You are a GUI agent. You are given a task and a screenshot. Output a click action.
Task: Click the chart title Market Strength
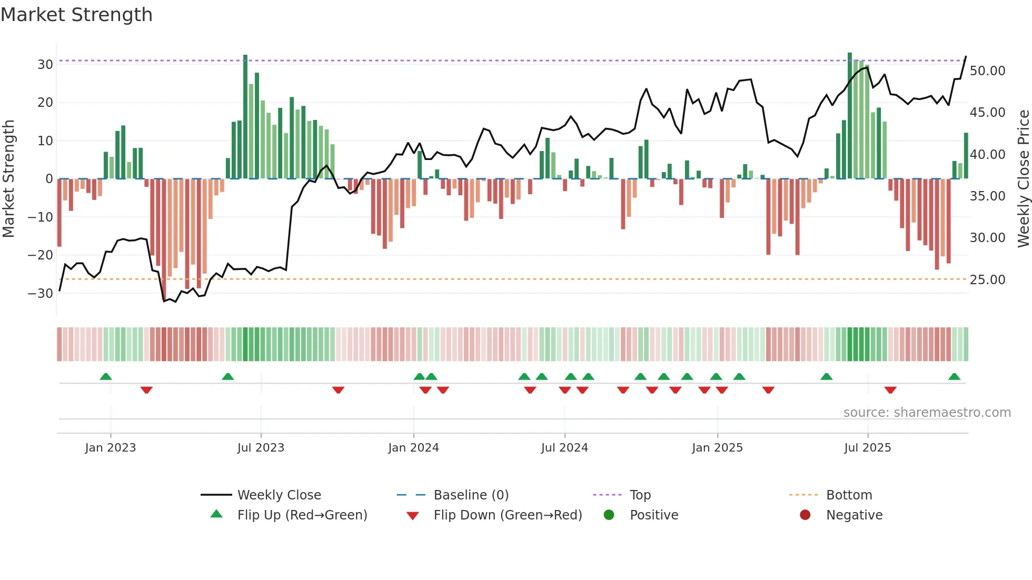pos(76,15)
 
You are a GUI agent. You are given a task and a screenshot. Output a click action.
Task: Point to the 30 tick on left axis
pos(45,65)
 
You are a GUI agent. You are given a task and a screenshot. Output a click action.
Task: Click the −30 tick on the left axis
pos(41,294)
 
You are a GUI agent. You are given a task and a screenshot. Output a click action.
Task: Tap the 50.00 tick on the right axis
pos(987,71)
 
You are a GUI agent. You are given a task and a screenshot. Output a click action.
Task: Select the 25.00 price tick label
pos(987,280)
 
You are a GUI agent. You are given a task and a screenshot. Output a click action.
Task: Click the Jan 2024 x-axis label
pos(413,448)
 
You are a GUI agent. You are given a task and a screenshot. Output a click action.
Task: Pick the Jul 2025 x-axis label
pos(867,448)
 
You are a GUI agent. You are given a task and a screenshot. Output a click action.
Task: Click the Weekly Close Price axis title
pos(1023,179)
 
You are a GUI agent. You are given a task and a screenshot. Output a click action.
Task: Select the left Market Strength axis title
pos(8,179)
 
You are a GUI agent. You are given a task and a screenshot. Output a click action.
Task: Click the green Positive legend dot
pos(609,515)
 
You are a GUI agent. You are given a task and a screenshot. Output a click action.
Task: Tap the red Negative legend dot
pos(805,515)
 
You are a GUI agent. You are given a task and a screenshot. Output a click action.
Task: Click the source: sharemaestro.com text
pos(927,413)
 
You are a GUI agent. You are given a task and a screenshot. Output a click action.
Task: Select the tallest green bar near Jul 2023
pos(245,116)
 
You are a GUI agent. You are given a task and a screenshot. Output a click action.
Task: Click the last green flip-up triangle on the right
pos(954,377)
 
